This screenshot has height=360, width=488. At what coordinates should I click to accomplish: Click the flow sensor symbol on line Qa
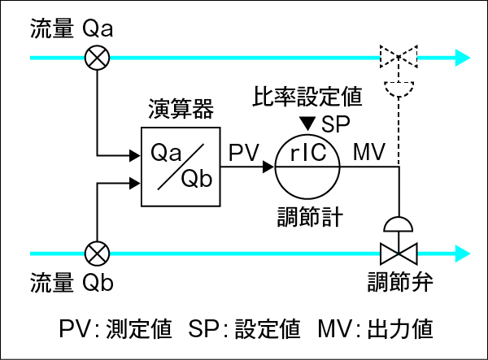[x=98, y=58]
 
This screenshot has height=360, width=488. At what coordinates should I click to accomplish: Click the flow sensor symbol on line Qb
[x=98, y=251]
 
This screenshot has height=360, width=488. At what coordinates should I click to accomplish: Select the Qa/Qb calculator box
[x=181, y=167]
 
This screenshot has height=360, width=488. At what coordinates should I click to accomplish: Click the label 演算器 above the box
[x=181, y=109]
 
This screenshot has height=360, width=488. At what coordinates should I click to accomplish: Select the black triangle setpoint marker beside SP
[x=307, y=124]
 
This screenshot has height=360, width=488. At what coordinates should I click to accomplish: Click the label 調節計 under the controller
[x=307, y=217]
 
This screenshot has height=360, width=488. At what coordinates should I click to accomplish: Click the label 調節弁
[x=399, y=283]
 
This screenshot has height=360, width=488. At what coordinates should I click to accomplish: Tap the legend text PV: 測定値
[x=115, y=329]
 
